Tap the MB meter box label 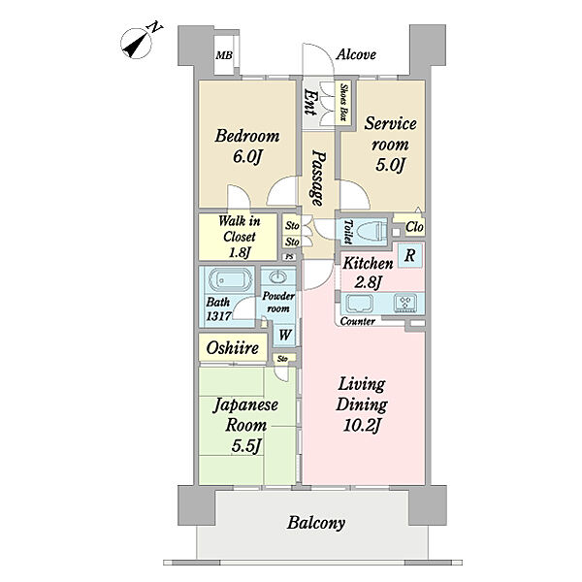[224, 55]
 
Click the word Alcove [356, 55]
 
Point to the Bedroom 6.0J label [247, 146]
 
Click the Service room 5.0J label [390, 144]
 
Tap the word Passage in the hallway [318, 178]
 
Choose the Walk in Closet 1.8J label [240, 237]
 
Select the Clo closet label [414, 227]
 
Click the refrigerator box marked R [409, 255]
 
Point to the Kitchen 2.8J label [368, 273]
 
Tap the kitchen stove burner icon [405, 303]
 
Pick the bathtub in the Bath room [231, 280]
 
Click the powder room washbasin [278, 276]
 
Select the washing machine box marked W [284, 335]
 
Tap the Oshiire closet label [233, 348]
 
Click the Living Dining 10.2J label [362, 405]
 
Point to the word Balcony [316, 523]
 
